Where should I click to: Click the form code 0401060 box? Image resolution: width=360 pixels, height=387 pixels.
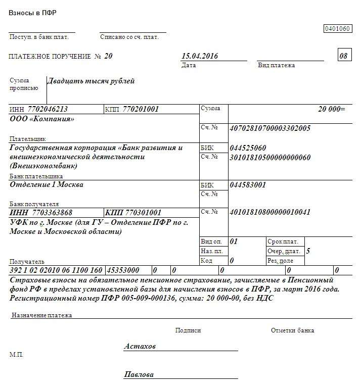tap(337, 29)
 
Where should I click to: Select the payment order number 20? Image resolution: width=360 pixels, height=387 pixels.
tap(108, 56)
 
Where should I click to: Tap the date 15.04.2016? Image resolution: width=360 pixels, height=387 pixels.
tap(199, 56)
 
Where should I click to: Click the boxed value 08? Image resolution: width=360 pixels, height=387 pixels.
tap(344, 56)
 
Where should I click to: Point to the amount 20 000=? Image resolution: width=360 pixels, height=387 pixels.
tap(331, 109)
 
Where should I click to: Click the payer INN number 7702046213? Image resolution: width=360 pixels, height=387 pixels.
tap(48, 109)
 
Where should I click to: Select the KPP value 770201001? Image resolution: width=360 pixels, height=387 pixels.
tap(139, 109)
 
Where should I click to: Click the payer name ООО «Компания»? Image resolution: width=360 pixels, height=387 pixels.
tap(42, 119)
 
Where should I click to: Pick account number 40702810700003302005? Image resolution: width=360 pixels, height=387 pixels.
tap(269, 128)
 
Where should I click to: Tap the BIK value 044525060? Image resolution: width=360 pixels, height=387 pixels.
tap(248, 148)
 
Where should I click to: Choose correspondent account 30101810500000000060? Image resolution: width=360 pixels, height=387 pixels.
tap(270, 157)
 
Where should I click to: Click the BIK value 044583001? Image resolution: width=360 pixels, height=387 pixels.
tap(248, 185)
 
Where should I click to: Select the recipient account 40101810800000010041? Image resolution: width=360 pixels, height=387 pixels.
tap(270, 212)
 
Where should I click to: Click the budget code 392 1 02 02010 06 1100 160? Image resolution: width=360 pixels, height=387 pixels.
tap(56, 270)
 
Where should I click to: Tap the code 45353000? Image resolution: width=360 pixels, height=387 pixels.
tap(122, 270)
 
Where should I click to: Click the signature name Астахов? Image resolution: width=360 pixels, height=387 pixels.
tap(140, 347)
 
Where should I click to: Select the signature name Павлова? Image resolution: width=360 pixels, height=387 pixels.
tap(139, 375)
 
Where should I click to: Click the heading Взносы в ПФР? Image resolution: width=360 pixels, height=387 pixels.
tap(32, 13)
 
